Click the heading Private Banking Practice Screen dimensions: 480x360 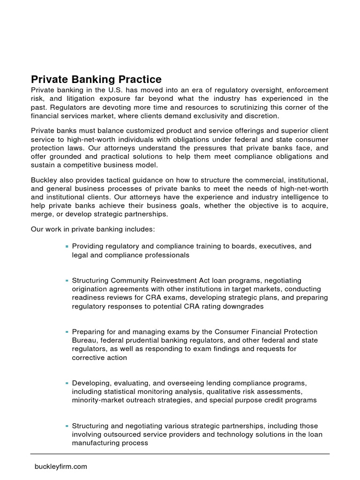point(96,79)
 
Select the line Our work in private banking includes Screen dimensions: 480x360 point(92,230)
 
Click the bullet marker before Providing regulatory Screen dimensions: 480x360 point(67,247)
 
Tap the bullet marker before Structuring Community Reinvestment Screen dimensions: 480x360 point(67,281)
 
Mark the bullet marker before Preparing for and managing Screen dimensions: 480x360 point(67,332)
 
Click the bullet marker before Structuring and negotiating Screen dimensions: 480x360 point(67,427)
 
